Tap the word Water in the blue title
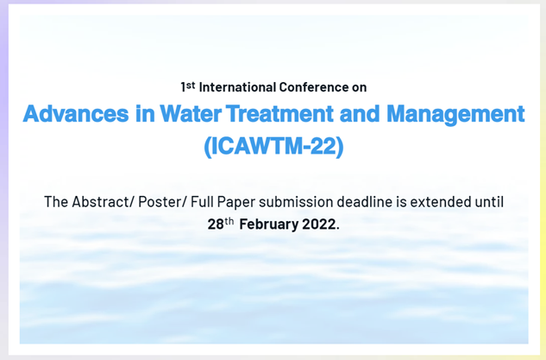tap(171, 115)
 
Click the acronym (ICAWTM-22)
tap(273, 147)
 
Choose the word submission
tap(314, 202)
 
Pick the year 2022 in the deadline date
tap(319, 224)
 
